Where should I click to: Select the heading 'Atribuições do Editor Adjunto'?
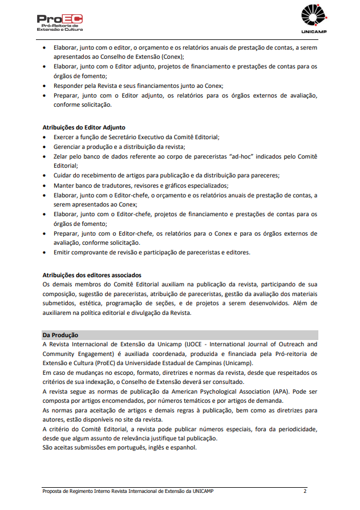(x=84, y=127)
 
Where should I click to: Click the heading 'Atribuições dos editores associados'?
(x=92, y=275)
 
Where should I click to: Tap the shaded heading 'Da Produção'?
(x=60, y=335)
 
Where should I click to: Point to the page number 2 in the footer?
(x=305, y=491)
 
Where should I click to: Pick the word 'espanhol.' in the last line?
(x=183, y=447)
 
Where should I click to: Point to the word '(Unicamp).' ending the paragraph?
(x=236, y=363)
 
